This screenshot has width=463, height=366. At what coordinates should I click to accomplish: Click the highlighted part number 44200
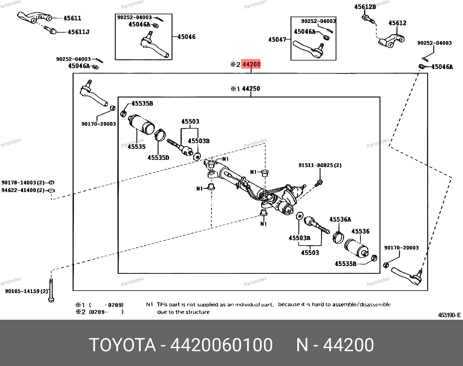tap(251, 64)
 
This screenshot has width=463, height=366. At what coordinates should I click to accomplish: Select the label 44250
tap(251, 88)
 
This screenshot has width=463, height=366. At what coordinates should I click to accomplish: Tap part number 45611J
tap(79, 32)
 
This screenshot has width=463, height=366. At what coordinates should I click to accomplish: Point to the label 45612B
tap(365, 7)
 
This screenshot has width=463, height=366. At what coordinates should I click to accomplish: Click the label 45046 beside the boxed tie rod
tap(186, 37)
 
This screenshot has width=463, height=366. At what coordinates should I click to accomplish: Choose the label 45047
tap(277, 39)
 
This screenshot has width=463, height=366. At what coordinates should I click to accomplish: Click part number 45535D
tap(158, 157)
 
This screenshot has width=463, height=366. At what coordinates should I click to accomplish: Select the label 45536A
tap(340, 219)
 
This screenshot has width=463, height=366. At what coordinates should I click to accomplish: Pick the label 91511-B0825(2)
tap(320, 165)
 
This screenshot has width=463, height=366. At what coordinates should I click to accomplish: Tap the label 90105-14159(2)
tap(26, 291)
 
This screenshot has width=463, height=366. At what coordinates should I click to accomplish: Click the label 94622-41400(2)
tap(23, 190)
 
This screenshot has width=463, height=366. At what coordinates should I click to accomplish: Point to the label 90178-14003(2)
tap(23, 183)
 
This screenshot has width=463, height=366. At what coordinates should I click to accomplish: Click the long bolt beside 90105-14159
tap(51, 290)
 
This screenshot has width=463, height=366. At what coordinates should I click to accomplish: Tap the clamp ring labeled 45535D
tap(160, 134)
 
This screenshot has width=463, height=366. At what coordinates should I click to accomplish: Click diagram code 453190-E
tap(449, 315)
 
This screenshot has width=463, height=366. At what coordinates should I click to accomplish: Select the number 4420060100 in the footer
tap(221, 345)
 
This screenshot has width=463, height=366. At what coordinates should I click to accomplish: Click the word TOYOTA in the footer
tap(122, 345)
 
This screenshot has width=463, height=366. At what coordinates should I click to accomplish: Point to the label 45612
tap(397, 23)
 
